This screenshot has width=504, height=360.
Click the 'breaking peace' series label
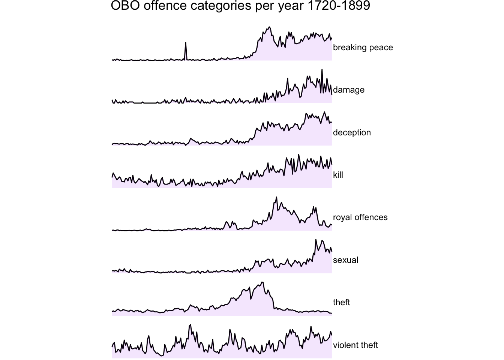tap(363, 48)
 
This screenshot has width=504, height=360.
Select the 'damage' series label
tap(348, 90)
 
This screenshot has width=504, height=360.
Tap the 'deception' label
tap(352, 132)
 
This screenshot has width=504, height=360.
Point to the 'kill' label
tap(338, 175)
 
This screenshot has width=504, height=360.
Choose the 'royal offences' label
tap(360, 217)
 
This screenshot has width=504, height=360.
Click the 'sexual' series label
tap(345, 260)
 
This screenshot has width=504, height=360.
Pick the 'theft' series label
tap(341, 302)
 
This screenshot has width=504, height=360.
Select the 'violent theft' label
tap(355, 345)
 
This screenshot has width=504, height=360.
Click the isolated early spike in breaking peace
tap(186, 42)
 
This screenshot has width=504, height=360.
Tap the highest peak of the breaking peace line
tap(270, 27)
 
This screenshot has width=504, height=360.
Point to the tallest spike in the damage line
tap(322, 69)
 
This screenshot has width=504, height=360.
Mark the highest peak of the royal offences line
tap(276, 197)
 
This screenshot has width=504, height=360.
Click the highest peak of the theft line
tap(262, 282)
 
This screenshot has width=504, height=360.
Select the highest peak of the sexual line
tap(316, 240)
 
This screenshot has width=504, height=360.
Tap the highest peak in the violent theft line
tap(190, 325)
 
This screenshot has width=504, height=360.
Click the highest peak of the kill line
tap(298, 154)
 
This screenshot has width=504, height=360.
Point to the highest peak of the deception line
tap(324, 112)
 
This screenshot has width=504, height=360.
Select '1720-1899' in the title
tap(338, 6)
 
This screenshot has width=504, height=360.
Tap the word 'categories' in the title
tap(221, 6)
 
